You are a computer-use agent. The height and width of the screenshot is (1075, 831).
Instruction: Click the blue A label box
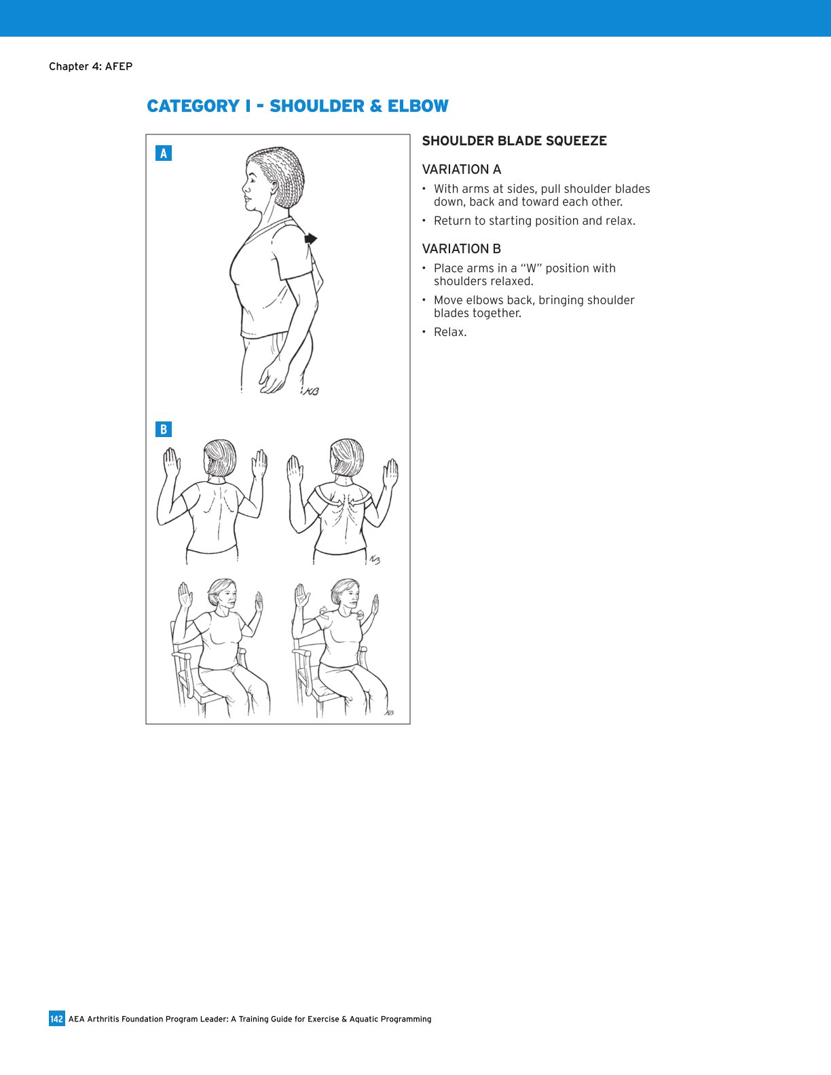coord(163,153)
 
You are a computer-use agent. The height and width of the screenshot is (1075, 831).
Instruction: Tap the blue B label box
coord(163,430)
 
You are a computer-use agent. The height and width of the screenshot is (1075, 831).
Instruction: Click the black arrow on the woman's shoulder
coord(310,238)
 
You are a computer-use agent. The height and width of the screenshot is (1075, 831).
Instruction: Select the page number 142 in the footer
coord(56,1019)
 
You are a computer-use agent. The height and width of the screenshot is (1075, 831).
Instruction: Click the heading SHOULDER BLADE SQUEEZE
coord(514,141)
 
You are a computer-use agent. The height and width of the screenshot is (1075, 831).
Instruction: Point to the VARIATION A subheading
coord(461,170)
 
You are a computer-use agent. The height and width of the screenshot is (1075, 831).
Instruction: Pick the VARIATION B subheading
coord(461,249)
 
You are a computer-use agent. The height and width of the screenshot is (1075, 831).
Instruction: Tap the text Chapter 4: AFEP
coord(90,67)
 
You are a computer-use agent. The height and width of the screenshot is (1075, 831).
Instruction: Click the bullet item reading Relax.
coord(450,333)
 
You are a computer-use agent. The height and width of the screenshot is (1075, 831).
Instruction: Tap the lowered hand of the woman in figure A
coord(273,379)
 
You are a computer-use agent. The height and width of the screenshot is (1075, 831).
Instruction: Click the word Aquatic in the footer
coord(365,1019)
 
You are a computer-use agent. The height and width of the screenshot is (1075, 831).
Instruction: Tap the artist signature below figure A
coord(311,392)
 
